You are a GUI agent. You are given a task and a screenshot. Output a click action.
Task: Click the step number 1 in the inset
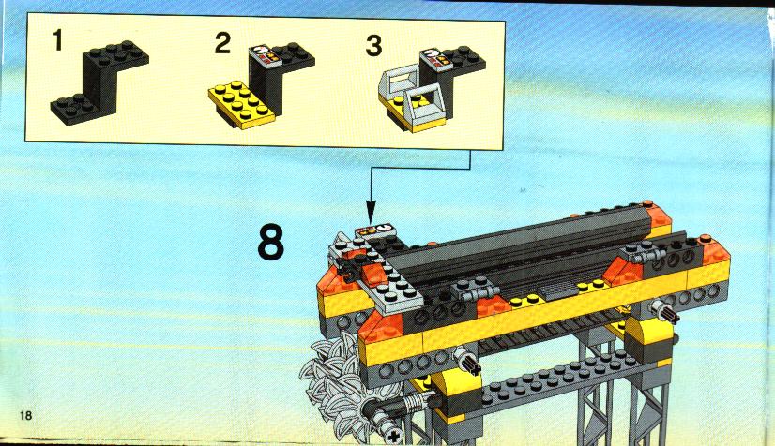coord(58,40)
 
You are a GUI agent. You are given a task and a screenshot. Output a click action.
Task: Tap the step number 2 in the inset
coord(223,43)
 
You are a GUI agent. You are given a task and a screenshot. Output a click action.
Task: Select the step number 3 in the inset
coord(373,45)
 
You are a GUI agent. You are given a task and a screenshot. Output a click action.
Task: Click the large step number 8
coord(271,242)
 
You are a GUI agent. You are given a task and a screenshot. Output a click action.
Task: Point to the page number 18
coord(25,415)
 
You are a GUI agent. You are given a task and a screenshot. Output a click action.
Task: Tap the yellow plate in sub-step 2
coord(241,105)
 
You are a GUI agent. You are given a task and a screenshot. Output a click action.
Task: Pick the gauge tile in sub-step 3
coord(436,57)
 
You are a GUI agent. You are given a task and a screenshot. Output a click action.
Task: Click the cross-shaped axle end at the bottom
coord(394,436)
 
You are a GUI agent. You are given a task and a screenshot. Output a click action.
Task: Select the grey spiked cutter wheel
coord(335,385)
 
